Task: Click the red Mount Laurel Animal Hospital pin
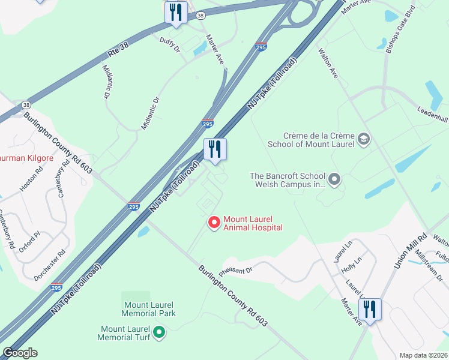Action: pos(213,223)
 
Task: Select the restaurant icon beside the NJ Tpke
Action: pos(215,149)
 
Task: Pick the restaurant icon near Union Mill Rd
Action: pos(370,309)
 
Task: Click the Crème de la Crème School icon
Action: pos(363,140)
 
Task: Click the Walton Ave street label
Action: pos(328,64)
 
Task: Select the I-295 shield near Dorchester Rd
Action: pos(57,288)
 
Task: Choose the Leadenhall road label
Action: pos(433,113)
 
